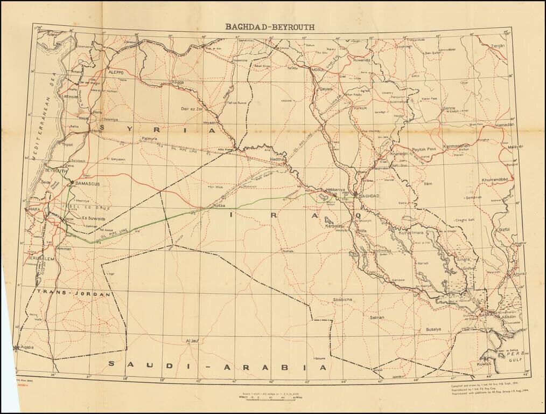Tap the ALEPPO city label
click(x=116, y=72)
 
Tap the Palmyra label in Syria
click(x=148, y=139)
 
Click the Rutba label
click(x=207, y=205)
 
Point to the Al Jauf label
click(x=192, y=341)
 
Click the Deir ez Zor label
click(x=193, y=108)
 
